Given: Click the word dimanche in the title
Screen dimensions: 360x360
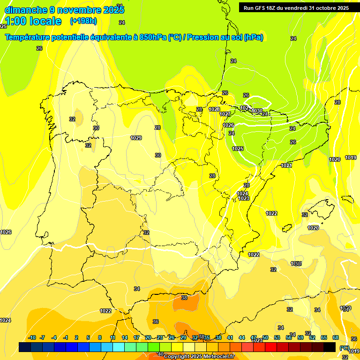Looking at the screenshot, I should [x=25, y=10].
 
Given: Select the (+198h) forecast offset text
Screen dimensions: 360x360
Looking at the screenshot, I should [x=83, y=21].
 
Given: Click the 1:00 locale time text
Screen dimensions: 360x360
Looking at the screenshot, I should [x=33, y=21].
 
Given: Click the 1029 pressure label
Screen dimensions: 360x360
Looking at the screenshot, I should [x=136, y=138].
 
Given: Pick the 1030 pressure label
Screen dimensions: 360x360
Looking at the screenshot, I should [x=256, y=111].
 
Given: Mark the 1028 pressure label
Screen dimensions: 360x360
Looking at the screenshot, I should [x=214, y=109].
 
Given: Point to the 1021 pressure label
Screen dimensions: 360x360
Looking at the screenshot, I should [x=287, y=165].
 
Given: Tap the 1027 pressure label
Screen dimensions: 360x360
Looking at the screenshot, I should [x=225, y=114].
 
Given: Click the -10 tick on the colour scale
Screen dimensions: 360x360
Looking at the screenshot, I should [x=32, y=337].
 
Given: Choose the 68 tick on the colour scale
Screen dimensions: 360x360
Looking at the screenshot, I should [x=336, y=337].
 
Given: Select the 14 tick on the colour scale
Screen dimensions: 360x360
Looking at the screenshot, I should [x=124, y=337].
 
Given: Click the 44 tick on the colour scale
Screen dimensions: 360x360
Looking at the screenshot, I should [x=241, y=337].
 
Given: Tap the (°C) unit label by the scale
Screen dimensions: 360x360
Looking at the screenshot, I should [x=344, y=348].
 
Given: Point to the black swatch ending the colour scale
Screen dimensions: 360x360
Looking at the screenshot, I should [x=330, y=347].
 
